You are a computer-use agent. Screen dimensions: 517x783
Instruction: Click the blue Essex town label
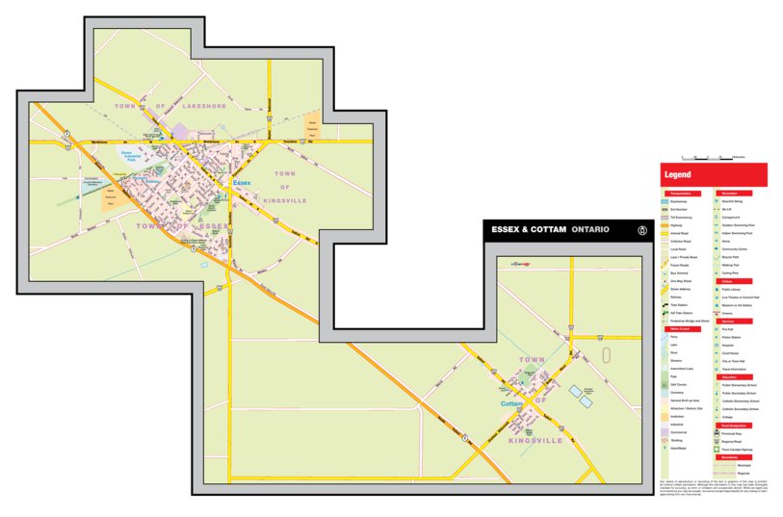click(x=242, y=182)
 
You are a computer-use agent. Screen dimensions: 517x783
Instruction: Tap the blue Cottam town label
click(x=511, y=404)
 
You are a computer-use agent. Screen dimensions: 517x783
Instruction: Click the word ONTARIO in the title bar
click(x=589, y=230)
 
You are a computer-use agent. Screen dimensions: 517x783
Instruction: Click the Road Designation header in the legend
click(x=738, y=425)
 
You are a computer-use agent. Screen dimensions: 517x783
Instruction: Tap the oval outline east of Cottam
click(x=605, y=354)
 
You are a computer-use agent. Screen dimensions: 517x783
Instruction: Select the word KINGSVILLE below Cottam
click(x=535, y=440)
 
